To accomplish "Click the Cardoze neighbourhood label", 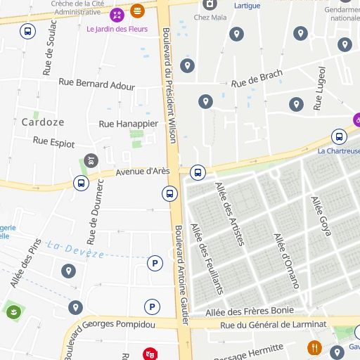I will coord(43,122).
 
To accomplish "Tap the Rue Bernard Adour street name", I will coord(96,85).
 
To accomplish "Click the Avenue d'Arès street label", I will coord(143,171).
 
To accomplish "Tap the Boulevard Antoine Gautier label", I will coord(181,274).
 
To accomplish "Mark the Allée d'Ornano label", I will coord(286,261).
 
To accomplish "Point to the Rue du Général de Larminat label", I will coord(274,324).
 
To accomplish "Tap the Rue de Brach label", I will coord(256,80).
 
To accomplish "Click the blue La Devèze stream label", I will coord(75,248).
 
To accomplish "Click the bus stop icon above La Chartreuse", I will coord(339,136).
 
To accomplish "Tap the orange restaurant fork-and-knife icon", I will coord(314,347).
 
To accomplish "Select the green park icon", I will coord(13,311).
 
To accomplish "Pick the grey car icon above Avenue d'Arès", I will coord(91,160).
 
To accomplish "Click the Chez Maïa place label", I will coord(210,18).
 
